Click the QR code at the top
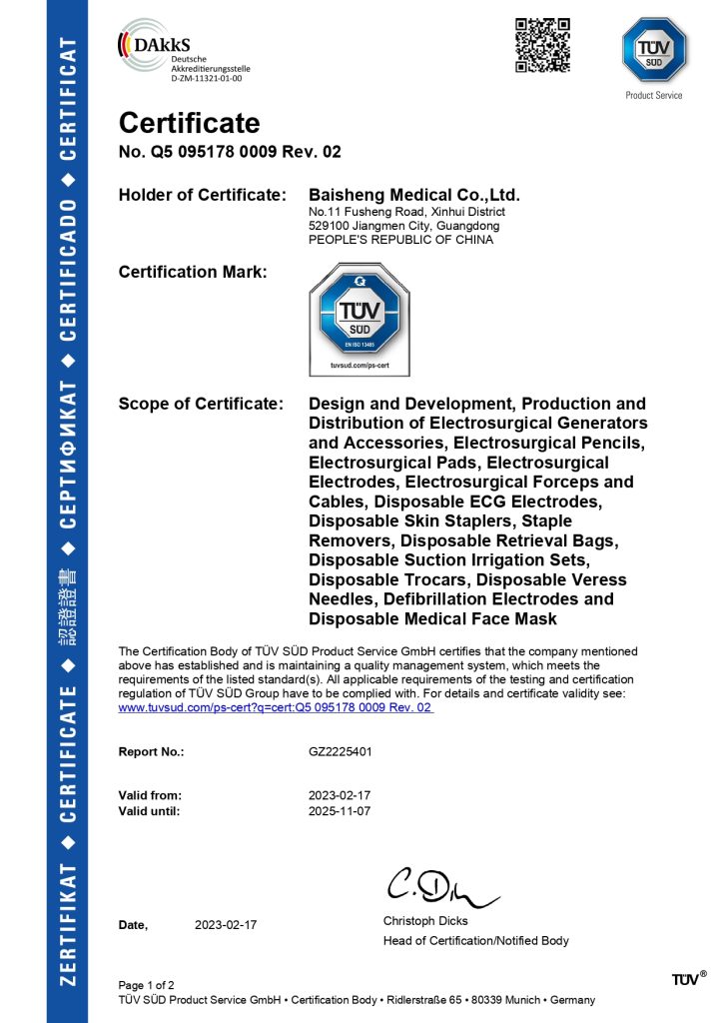tap(542, 45)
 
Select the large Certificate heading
tap(189, 123)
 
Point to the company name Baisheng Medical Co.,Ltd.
tap(414, 195)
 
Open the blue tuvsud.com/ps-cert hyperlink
tap(276, 707)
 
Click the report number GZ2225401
tap(342, 751)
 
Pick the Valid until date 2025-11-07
tap(341, 811)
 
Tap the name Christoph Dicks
tap(425, 921)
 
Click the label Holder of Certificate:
tap(203, 195)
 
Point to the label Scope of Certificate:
tap(200, 404)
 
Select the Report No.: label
tap(152, 751)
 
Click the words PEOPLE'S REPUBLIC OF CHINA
tap(400, 240)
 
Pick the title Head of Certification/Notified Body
tap(475, 941)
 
